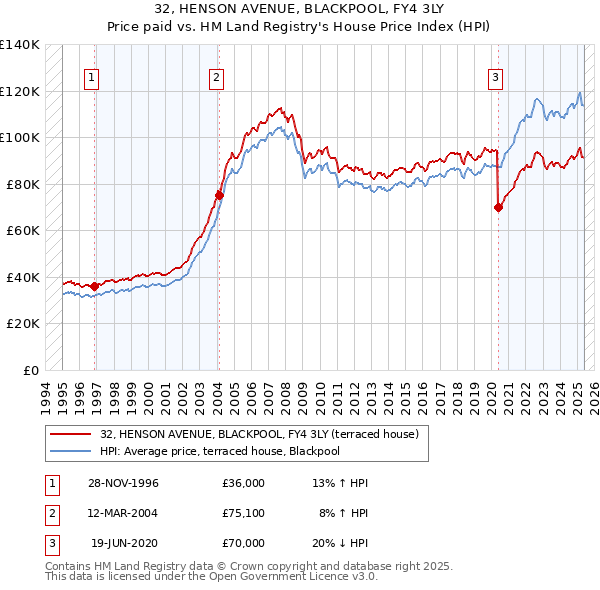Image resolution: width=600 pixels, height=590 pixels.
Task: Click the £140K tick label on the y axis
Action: [x=20, y=45]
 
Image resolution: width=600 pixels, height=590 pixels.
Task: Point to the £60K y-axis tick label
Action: [x=23, y=230]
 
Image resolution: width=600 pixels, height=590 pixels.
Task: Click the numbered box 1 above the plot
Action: [x=91, y=78]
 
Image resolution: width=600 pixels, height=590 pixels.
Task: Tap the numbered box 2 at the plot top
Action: [x=216, y=78]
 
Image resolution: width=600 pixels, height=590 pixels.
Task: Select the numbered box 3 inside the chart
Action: [x=496, y=78]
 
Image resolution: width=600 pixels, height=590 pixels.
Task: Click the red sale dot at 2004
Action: [x=219, y=195]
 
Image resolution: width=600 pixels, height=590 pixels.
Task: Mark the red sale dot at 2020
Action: [x=498, y=207]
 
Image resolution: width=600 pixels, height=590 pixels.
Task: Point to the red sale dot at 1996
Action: [x=95, y=286]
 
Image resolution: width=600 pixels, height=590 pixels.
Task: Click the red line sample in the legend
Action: [x=72, y=434]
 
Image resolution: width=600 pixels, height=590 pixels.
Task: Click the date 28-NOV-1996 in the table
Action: [x=123, y=483]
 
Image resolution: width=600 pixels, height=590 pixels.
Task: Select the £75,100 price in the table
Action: [x=244, y=513]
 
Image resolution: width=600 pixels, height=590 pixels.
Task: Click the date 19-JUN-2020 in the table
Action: [x=124, y=543]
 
